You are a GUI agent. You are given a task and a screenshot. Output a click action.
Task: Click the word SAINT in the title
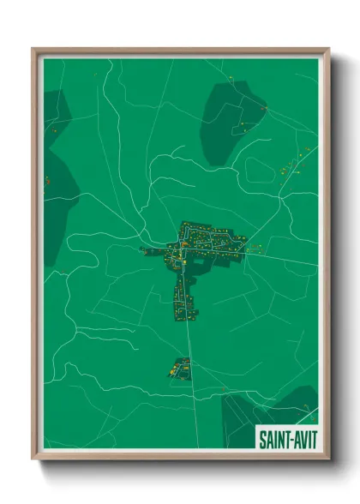pos(274,440)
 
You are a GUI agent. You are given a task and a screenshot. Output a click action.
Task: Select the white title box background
pos(287,430)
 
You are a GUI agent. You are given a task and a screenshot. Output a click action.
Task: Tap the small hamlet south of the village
pos(181,368)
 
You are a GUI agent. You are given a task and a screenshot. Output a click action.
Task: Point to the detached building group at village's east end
pos(255,249)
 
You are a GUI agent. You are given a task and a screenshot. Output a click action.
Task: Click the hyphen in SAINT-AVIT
pos(289,440)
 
